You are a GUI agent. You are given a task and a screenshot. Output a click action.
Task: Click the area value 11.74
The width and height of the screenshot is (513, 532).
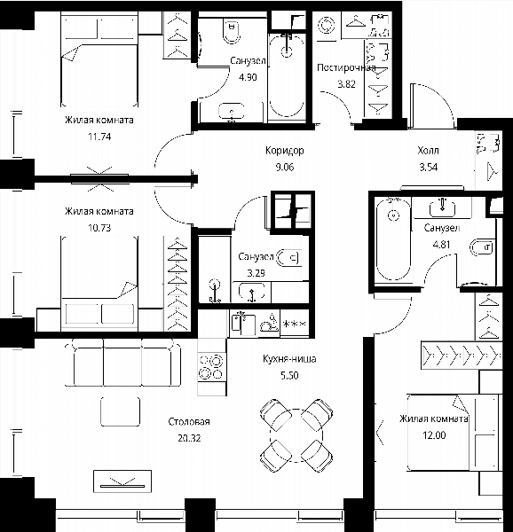[99, 137]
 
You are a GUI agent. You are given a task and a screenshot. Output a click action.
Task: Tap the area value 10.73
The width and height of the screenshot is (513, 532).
[99, 228]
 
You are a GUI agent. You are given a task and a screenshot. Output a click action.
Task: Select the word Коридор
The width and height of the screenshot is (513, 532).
[285, 151]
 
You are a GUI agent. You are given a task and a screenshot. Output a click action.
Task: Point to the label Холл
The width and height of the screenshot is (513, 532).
[428, 150]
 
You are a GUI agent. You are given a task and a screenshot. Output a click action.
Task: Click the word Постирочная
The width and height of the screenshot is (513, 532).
[346, 68]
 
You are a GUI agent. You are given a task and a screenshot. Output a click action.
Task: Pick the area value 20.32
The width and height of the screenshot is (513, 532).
[189, 438]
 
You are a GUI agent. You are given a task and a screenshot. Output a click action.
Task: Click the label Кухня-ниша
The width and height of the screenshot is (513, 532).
[289, 358]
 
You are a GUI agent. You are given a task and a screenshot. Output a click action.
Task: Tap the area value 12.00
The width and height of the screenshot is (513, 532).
[434, 435]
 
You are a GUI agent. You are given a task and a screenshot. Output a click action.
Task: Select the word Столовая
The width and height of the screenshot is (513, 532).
[189, 422]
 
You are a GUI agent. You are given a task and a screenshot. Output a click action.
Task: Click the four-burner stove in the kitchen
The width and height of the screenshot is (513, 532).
[212, 366]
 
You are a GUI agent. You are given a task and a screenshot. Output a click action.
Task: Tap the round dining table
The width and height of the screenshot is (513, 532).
[296, 435]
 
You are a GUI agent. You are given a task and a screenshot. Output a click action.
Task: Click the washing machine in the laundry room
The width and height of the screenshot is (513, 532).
[327, 26]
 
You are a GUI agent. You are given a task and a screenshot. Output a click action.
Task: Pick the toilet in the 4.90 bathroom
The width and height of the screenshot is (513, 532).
[233, 30]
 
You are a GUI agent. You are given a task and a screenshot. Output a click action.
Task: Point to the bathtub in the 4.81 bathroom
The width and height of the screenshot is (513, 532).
[394, 240]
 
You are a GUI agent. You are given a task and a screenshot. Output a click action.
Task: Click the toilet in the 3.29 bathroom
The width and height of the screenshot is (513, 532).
[289, 258]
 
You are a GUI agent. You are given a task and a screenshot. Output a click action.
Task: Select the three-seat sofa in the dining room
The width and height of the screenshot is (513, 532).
[122, 363]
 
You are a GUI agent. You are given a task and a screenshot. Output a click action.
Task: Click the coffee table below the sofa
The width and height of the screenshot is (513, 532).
[121, 411]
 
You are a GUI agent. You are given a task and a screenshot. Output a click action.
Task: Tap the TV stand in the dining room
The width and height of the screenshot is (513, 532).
[122, 481]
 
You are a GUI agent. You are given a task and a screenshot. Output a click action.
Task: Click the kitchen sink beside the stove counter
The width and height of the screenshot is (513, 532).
[242, 324]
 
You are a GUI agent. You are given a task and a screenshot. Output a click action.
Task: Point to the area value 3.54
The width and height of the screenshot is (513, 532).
[429, 167]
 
